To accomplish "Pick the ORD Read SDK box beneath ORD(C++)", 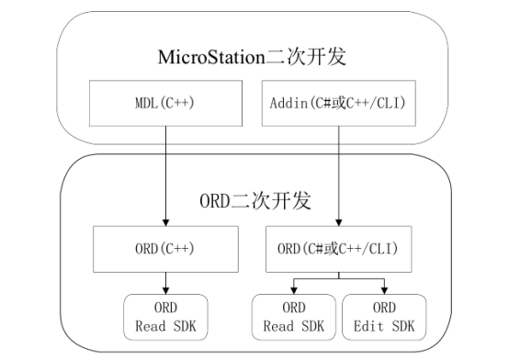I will click(165, 317).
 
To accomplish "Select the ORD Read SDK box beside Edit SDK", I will click(294, 317).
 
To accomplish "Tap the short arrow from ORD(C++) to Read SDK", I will click(165, 280).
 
